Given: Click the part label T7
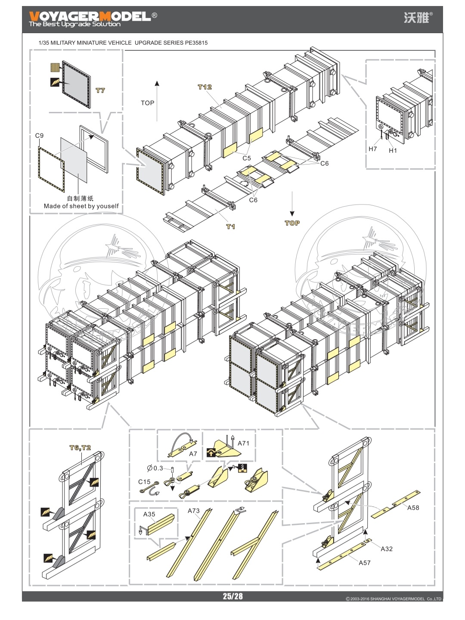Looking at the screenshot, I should tap(100, 90).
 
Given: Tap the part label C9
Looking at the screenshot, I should tap(39, 136).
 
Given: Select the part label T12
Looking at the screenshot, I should tap(205, 87).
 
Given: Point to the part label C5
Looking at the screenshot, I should tap(246, 158).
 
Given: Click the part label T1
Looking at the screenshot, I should tap(231, 226).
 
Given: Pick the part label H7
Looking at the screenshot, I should tap(372, 149).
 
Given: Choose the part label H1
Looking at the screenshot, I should tap(393, 150).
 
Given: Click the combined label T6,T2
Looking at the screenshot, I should tap(81, 448).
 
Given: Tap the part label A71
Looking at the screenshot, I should tap(243, 443).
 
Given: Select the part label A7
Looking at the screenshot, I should tap(193, 454).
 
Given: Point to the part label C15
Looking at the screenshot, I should tap(144, 482).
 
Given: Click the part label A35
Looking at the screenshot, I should tap(149, 514).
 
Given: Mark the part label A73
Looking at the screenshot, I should tap(194, 511).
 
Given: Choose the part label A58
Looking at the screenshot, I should tap(413, 508).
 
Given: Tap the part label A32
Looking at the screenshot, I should tap(387, 549).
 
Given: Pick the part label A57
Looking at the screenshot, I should tap(364, 562).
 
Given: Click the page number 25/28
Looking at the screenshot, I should tap(232, 596).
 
